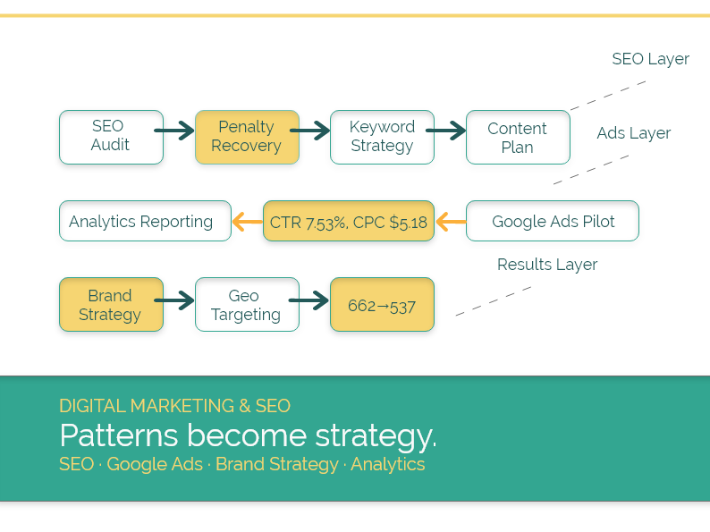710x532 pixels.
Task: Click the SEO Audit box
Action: pyautogui.click(x=111, y=137)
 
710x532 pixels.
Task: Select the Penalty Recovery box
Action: pyautogui.click(x=247, y=137)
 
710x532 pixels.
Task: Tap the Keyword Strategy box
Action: pyautogui.click(x=382, y=137)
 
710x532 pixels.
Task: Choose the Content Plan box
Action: pyautogui.click(x=518, y=137)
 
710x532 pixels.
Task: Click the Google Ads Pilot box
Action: pyautogui.click(x=553, y=221)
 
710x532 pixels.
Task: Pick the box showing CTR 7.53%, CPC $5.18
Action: pyautogui.click(x=349, y=221)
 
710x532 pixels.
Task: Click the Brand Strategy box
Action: pyautogui.click(x=111, y=304)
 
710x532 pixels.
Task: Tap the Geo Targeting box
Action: pyautogui.click(x=247, y=304)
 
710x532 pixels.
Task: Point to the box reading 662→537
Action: pyautogui.click(x=382, y=304)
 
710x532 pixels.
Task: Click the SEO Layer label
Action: pyautogui.click(x=650, y=59)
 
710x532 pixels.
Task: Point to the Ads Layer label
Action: pyautogui.click(x=633, y=133)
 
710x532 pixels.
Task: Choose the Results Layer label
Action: pyautogui.click(x=546, y=265)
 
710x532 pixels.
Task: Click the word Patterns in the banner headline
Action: pyautogui.click(x=118, y=435)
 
